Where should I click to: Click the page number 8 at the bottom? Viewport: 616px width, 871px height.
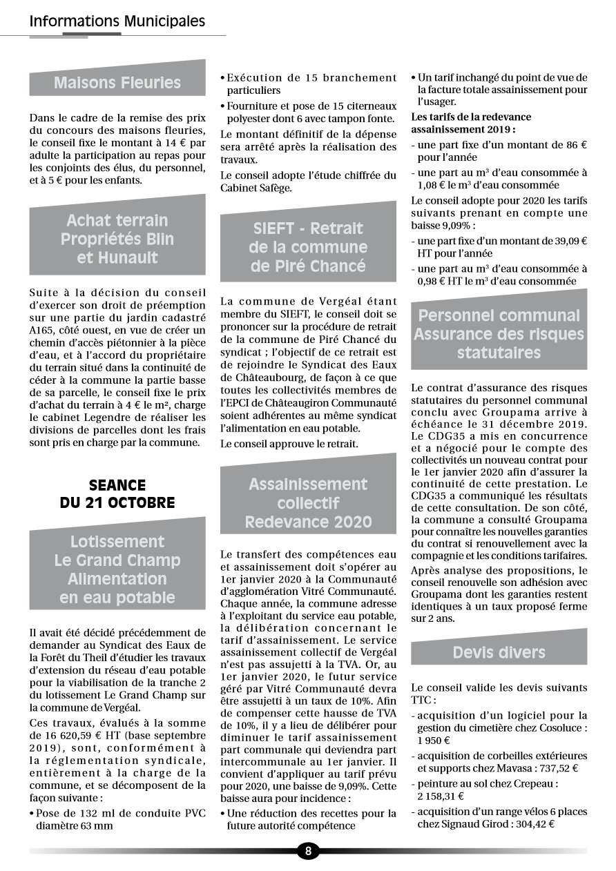(308, 850)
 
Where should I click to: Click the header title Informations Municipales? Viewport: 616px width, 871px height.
(117, 21)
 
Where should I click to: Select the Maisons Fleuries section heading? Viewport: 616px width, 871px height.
(117, 83)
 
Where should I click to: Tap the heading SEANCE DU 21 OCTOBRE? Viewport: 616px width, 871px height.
(117, 493)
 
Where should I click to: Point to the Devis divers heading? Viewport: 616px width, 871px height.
(499, 652)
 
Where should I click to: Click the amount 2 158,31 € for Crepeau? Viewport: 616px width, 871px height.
(440, 796)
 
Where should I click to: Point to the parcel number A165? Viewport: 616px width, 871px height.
(41, 330)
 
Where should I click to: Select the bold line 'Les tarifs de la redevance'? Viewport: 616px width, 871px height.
(471, 117)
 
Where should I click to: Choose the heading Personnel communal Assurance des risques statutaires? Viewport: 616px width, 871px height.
(499, 334)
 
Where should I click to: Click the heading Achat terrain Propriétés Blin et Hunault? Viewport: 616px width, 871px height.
(117, 239)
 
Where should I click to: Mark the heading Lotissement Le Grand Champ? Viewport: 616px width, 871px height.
(117, 569)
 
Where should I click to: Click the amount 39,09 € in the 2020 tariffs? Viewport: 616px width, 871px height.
(565, 241)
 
